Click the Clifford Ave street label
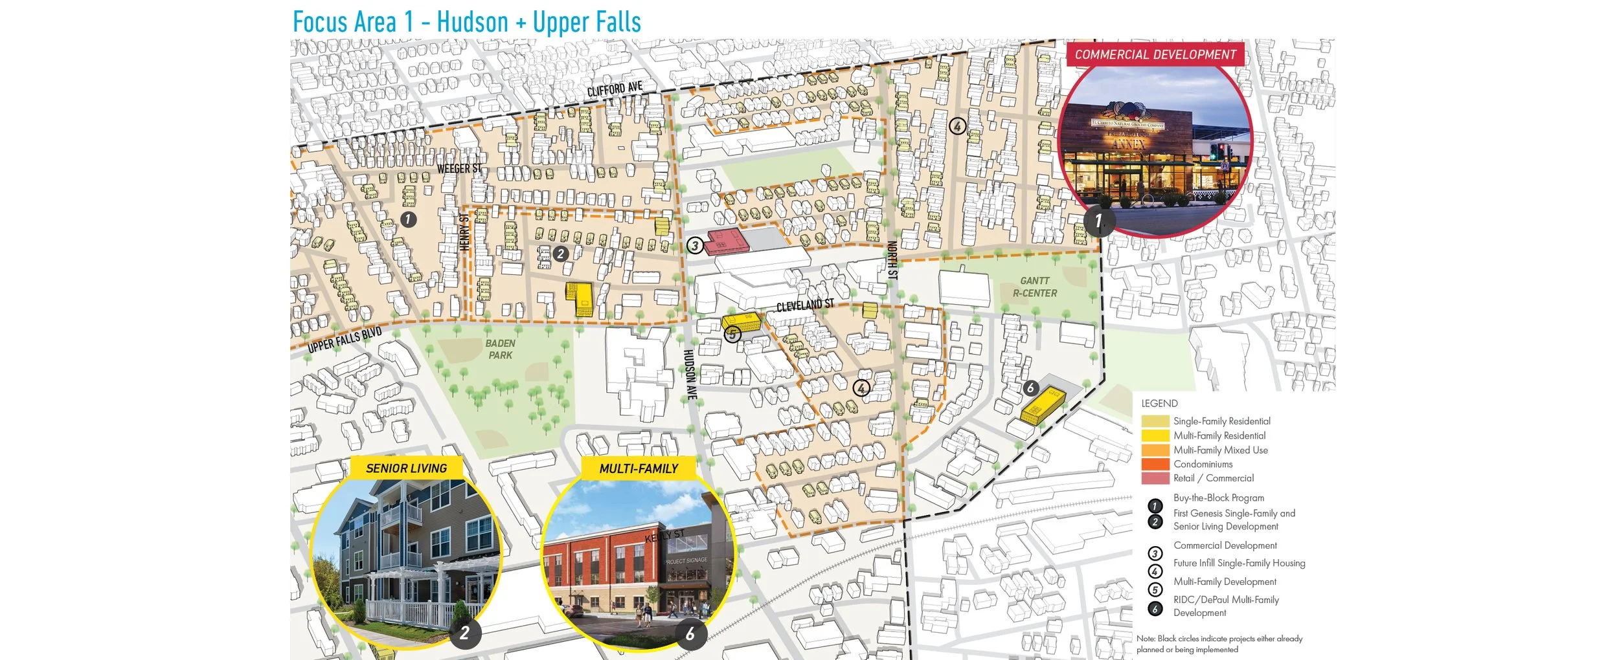point(614,89)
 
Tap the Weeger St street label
point(459,169)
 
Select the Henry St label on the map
point(464,232)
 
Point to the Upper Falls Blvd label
point(345,340)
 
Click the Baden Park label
point(501,349)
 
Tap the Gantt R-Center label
point(1034,287)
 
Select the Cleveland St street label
point(805,305)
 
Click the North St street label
point(892,260)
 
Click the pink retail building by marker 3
point(727,241)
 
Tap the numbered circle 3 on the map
point(695,246)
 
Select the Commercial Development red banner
point(1155,55)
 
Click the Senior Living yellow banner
point(406,468)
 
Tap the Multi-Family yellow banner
point(639,468)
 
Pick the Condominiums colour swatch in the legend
point(1155,464)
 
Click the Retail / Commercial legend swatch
point(1155,478)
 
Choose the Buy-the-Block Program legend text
point(1218,498)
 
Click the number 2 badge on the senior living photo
point(464,633)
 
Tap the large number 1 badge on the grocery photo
point(1098,221)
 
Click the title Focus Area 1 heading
point(466,22)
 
